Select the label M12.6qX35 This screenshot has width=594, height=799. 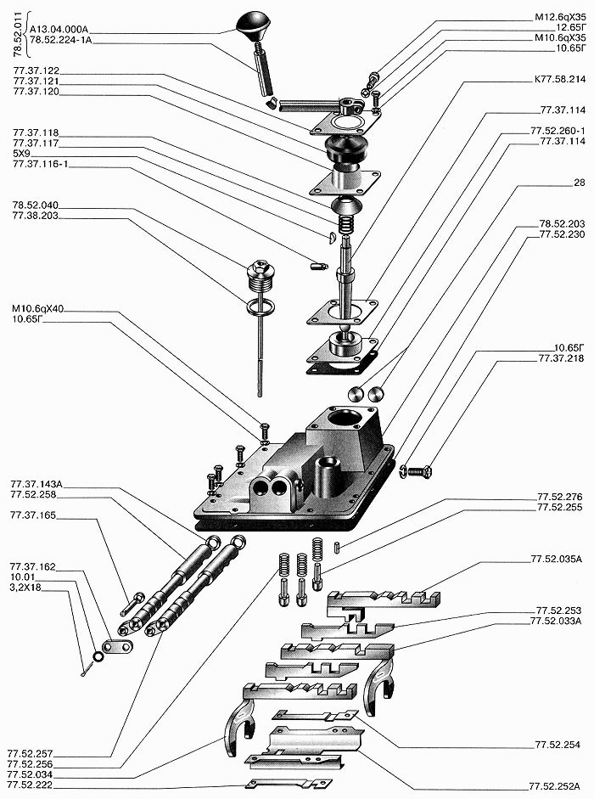point(558,16)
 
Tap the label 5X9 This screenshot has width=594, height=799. point(23,154)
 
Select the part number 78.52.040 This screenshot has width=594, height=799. point(35,205)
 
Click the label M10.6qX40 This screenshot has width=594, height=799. point(38,310)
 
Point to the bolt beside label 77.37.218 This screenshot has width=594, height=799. point(416,470)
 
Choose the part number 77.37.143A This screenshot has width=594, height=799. point(37,484)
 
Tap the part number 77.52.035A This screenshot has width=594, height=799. point(559,560)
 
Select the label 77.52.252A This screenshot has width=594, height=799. point(557,787)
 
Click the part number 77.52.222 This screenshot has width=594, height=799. point(34,785)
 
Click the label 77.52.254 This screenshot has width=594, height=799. point(558,745)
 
